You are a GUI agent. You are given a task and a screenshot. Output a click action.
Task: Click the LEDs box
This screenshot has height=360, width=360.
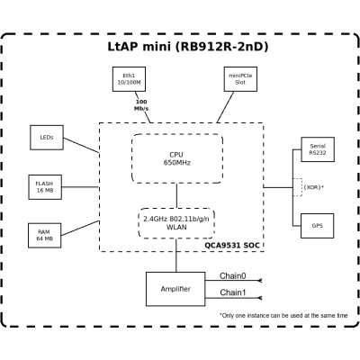pos(47,138)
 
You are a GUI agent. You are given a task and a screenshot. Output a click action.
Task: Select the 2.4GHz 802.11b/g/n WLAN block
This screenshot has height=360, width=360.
pos(175,221)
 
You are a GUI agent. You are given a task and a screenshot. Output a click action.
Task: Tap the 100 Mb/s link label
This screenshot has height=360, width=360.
pos(141,104)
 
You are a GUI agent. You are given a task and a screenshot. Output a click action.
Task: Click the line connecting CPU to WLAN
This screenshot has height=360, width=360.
pos(175,194)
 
